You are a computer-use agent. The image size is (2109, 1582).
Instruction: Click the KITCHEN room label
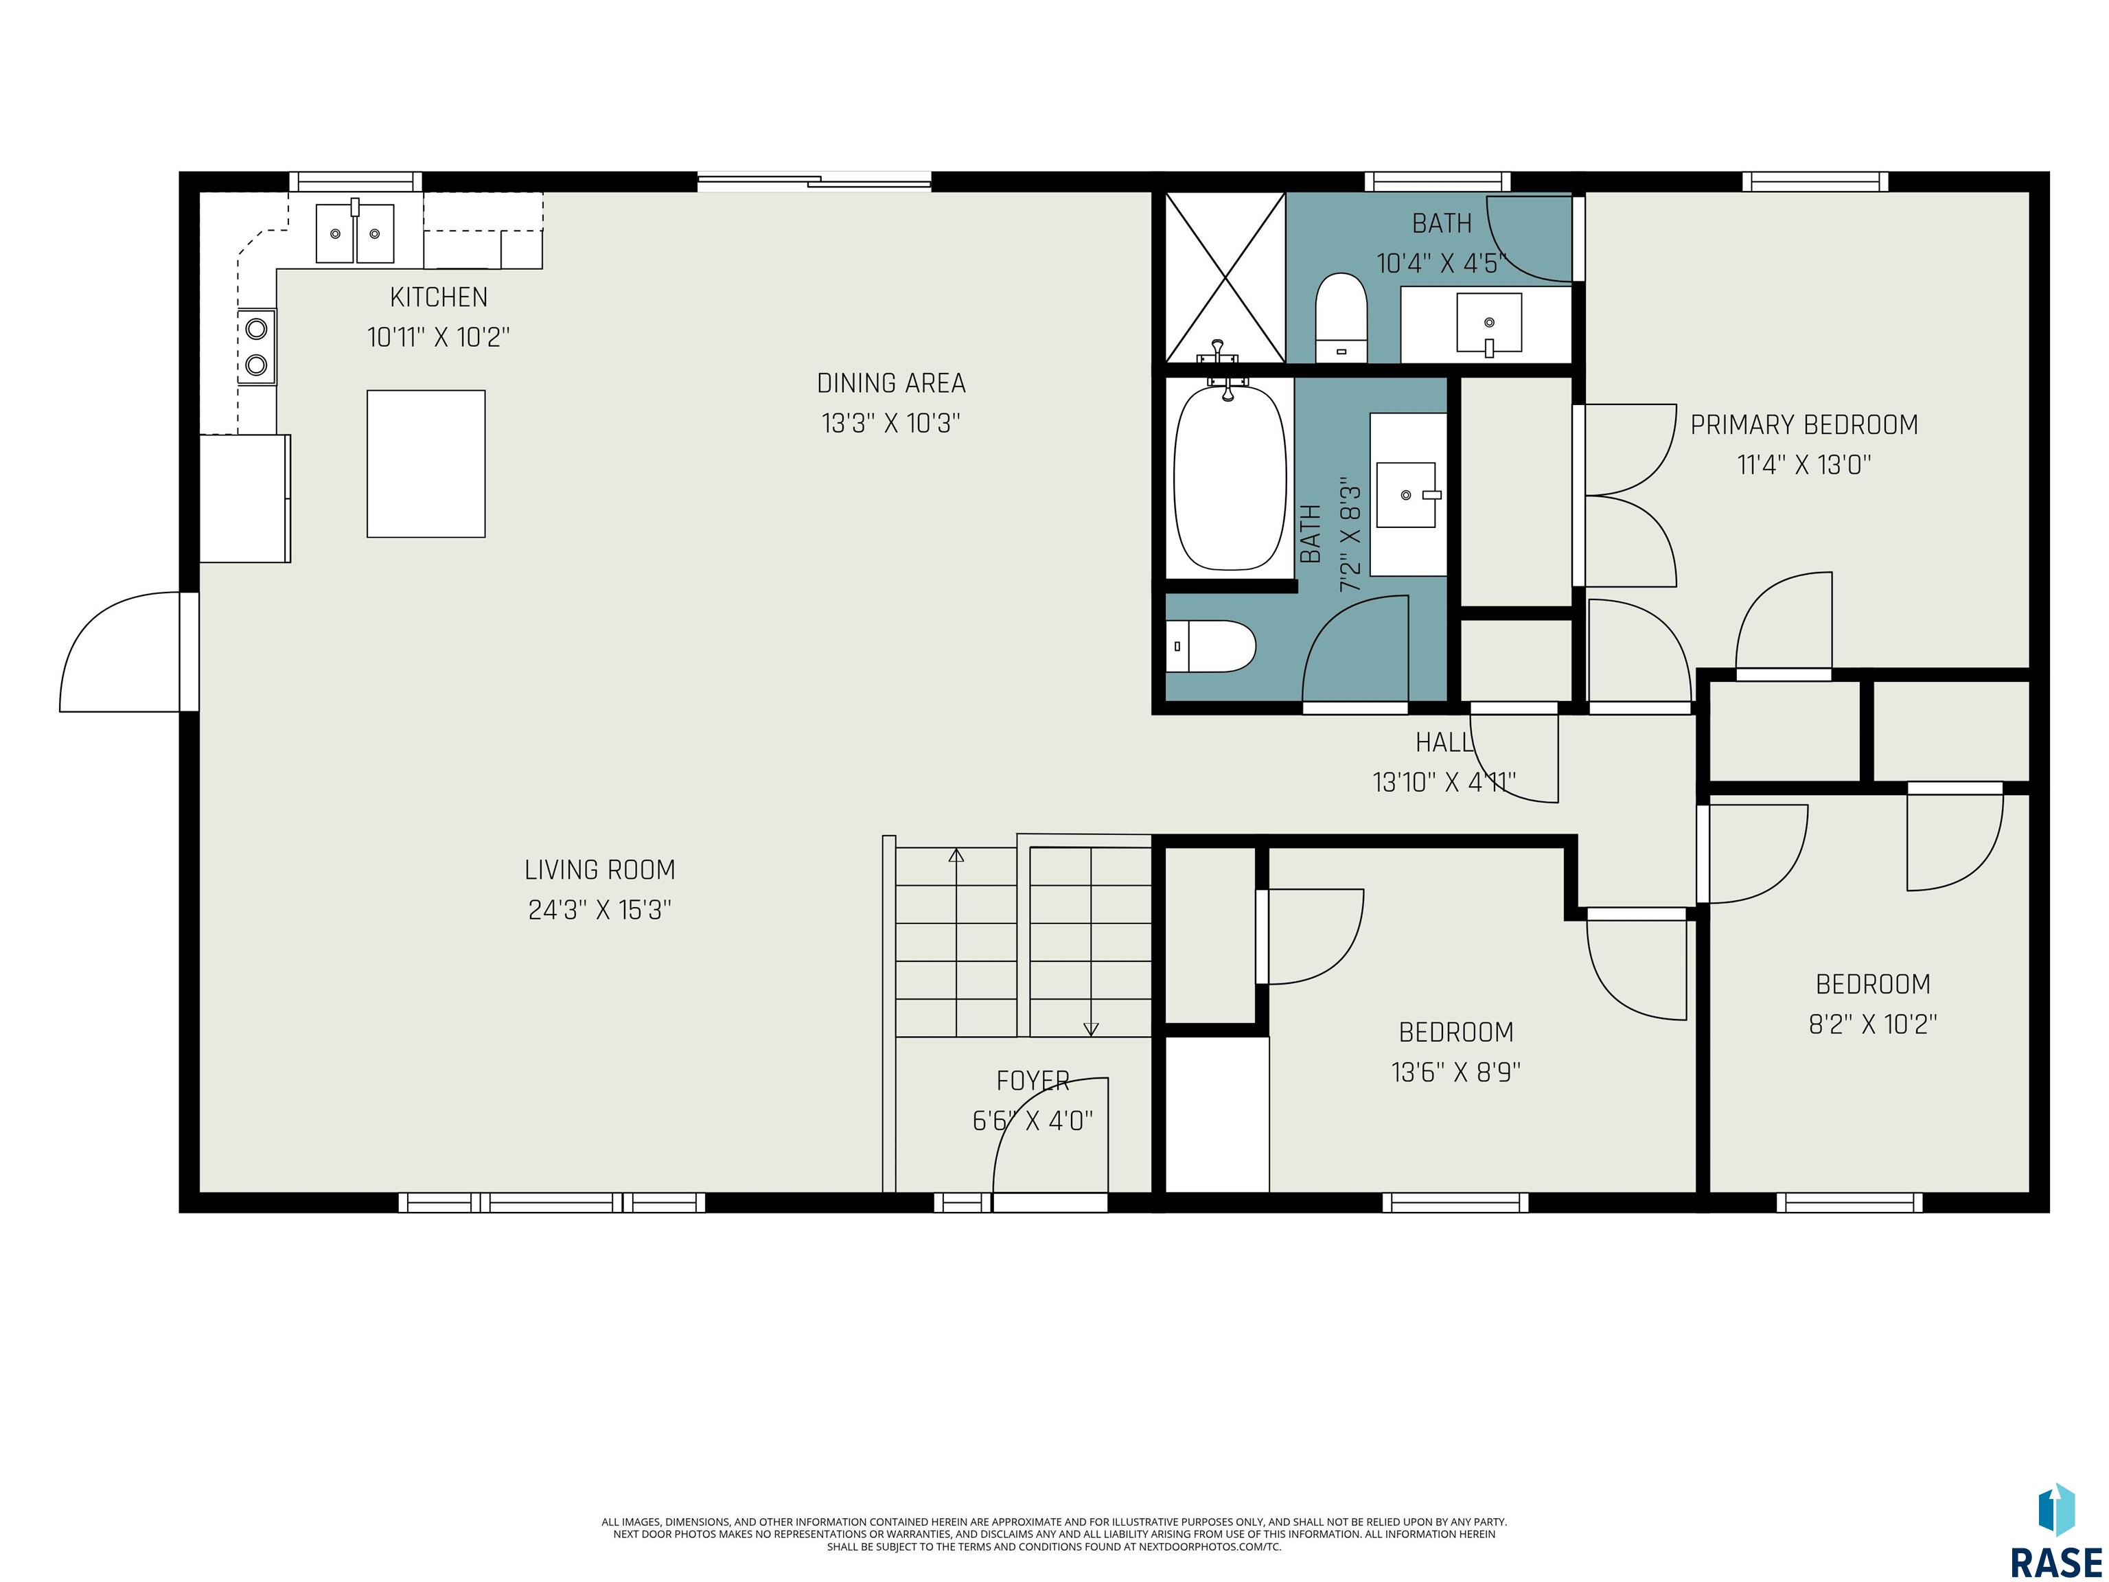click(x=439, y=297)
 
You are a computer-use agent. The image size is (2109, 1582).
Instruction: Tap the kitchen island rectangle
click(x=426, y=463)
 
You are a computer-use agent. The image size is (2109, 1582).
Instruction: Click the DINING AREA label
click(x=892, y=383)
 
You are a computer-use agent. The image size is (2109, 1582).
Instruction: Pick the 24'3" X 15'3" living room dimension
click(x=600, y=910)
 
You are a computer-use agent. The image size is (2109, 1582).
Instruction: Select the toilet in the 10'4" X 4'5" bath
click(x=1341, y=317)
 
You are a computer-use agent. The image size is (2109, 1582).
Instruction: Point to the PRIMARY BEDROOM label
click(x=1804, y=425)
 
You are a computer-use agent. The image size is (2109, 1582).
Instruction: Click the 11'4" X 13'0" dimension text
click(x=1804, y=466)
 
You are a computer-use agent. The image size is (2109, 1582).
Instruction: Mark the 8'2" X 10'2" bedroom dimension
click(x=1873, y=1024)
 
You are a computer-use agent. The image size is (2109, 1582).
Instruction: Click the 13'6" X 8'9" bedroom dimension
click(x=1456, y=1072)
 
